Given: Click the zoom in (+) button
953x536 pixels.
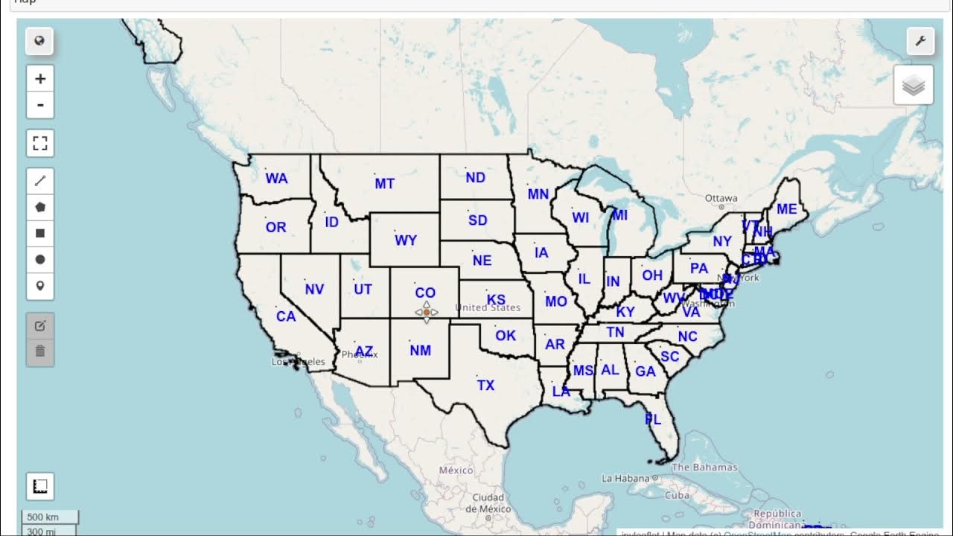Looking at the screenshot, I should click(40, 78).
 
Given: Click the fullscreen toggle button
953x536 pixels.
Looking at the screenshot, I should click(40, 143).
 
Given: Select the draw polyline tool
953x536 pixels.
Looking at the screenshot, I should click(40, 180).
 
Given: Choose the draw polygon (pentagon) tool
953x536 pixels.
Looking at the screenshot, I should click(40, 207).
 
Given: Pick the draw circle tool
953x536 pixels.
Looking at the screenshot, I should click(40, 259).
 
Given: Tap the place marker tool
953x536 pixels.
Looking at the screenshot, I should click(40, 286).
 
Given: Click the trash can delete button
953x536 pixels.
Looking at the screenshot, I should click(40, 351).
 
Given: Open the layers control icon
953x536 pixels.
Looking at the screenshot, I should click(914, 85).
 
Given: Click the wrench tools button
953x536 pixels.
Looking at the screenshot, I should click(920, 41).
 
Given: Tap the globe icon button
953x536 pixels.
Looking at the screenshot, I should click(39, 41).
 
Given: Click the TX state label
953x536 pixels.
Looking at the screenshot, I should click(485, 385).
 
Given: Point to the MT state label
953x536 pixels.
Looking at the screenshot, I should click(384, 183).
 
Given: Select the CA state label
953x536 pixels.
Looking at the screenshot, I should click(286, 316).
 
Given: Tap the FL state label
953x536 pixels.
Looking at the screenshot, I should click(653, 420).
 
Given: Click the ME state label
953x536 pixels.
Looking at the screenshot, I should click(786, 209).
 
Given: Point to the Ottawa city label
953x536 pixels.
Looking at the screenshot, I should click(721, 198).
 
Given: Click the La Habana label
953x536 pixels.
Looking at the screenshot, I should click(625, 478).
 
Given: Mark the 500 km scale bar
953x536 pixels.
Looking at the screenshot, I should click(42, 517).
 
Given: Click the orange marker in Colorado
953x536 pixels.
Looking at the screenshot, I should click(427, 313).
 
